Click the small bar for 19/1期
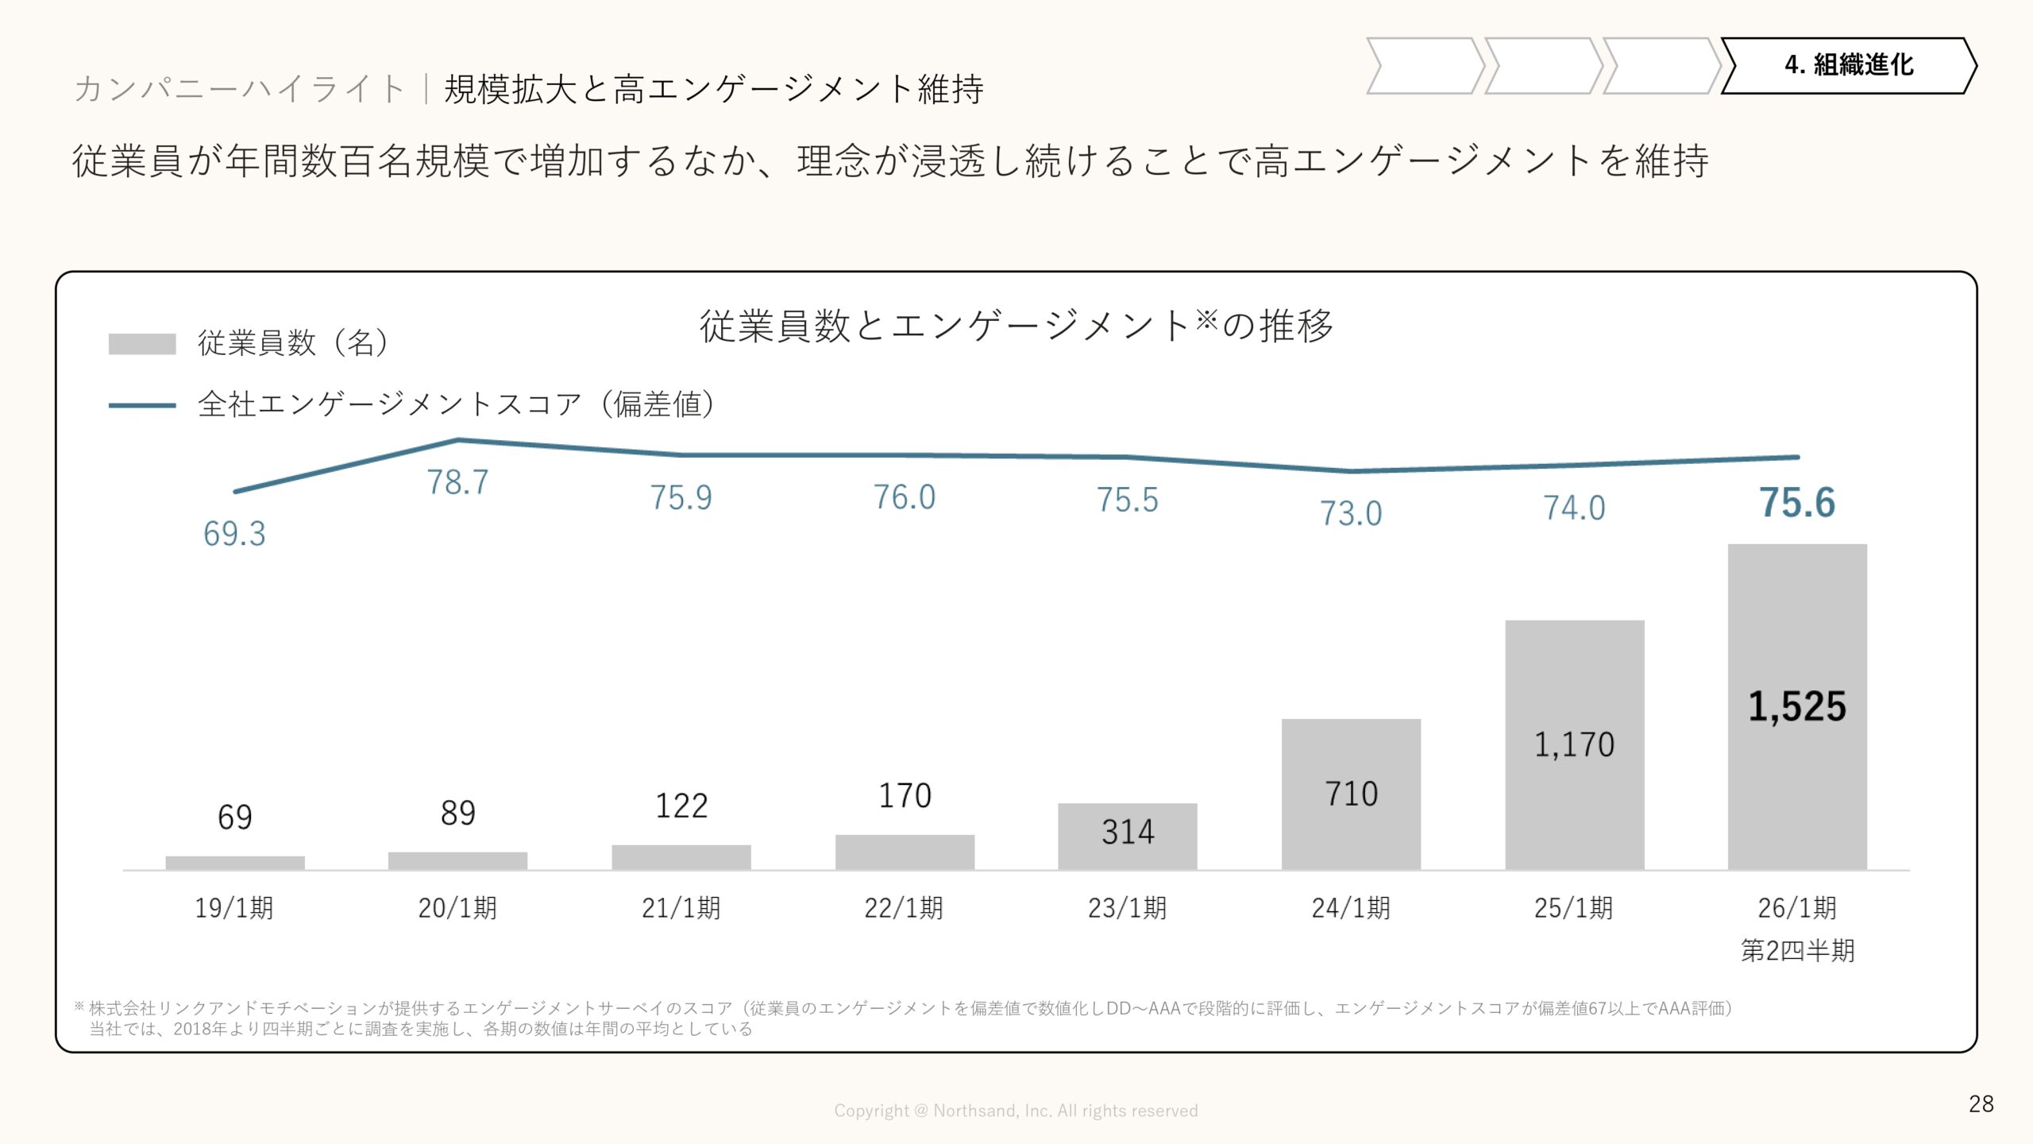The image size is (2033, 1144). (x=235, y=863)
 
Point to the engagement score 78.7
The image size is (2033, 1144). (x=457, y=482)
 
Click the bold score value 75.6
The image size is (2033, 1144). (x=1797, y=503)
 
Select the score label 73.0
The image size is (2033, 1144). (x=1351, y=513)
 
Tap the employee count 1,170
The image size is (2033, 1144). (x=1574, y=745)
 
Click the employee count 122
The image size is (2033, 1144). (x=681, y=806)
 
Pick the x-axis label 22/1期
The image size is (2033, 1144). (x=904, y=908)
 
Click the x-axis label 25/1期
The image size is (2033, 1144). (x=1574, y=908)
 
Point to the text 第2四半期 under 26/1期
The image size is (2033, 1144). (x=1797, y=951)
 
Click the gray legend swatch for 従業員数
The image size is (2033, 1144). (x=142, y=344)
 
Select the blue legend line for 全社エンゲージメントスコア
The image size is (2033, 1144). (x=142, y=405)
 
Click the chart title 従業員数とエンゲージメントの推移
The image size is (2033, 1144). (x=1016, y=326)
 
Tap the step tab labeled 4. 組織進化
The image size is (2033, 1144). (x=1848, y=65)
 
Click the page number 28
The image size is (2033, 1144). (x=1981, y=1103)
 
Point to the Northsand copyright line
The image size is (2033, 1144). (x=1016, y=1111)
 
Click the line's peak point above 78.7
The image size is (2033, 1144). (x=458, y=439)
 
